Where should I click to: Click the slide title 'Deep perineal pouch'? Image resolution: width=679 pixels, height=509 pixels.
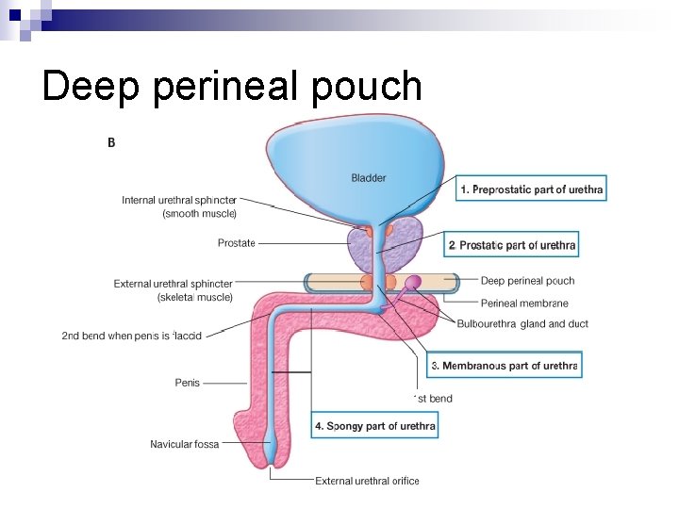point(232,86)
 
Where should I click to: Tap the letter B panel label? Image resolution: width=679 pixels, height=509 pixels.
point(111,142)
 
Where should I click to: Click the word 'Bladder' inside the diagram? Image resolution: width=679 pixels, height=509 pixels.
point(368,177)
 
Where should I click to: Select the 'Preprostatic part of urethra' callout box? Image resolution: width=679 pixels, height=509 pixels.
point(531,189)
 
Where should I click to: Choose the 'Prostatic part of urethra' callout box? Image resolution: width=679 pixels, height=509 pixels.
point(512,245)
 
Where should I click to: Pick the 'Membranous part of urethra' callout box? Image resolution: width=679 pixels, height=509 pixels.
point(504,365)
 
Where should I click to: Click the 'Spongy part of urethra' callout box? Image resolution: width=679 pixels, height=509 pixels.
point(375,426)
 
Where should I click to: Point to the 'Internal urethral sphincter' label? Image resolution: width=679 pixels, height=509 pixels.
point(179,206)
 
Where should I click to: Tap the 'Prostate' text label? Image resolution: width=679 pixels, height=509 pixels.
point(236,243)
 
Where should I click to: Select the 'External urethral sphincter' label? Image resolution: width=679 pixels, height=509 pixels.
point(173,290)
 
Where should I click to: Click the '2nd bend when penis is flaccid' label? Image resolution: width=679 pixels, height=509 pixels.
point(131,336)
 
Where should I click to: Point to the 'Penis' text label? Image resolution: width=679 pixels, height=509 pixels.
point(187,383)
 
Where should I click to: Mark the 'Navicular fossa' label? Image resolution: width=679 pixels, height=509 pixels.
point(184,444)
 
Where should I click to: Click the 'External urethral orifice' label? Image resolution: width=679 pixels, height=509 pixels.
point(367,481)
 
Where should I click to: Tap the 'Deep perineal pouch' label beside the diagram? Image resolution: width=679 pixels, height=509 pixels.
point(527,281)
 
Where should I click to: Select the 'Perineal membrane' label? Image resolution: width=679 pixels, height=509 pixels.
point(524,304)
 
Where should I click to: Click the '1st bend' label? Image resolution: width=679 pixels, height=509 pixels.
point(434,399)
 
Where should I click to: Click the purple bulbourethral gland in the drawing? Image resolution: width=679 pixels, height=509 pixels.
point(413,282)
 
